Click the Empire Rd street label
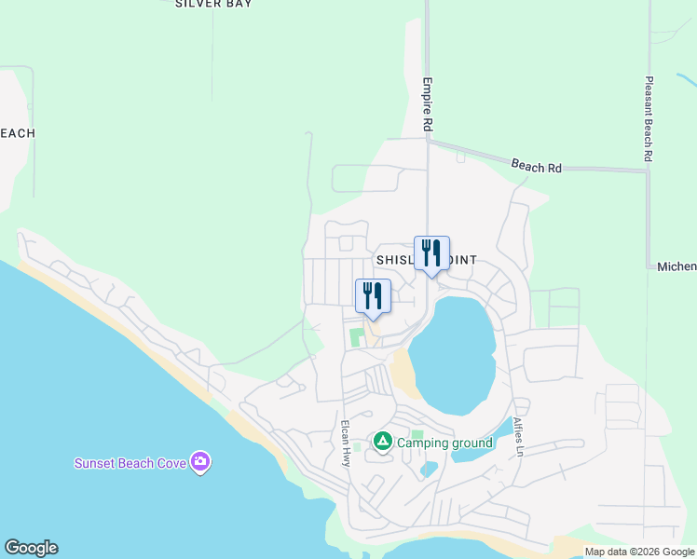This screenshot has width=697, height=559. click(429, 103)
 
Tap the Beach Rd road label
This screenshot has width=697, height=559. click(536, 167)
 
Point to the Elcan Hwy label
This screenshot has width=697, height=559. click(346, 437)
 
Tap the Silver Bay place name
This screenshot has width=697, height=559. click(213, 4)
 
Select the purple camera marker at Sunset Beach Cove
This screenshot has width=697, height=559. click(199, 462)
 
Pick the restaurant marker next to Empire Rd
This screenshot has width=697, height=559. click(431, 253)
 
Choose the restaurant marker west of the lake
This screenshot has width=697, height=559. click(373, 296)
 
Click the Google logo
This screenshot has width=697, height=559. click(31, 548)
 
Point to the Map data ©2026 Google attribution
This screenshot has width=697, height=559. click(639, 552)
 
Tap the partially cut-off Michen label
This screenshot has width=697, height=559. click(676, 267)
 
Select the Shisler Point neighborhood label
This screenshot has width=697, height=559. click(426, 260)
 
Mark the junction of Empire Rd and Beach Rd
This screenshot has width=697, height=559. click(428, 142)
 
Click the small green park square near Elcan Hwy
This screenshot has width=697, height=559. click(356, 336)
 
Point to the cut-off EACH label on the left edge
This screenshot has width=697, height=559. click(17, 133)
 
